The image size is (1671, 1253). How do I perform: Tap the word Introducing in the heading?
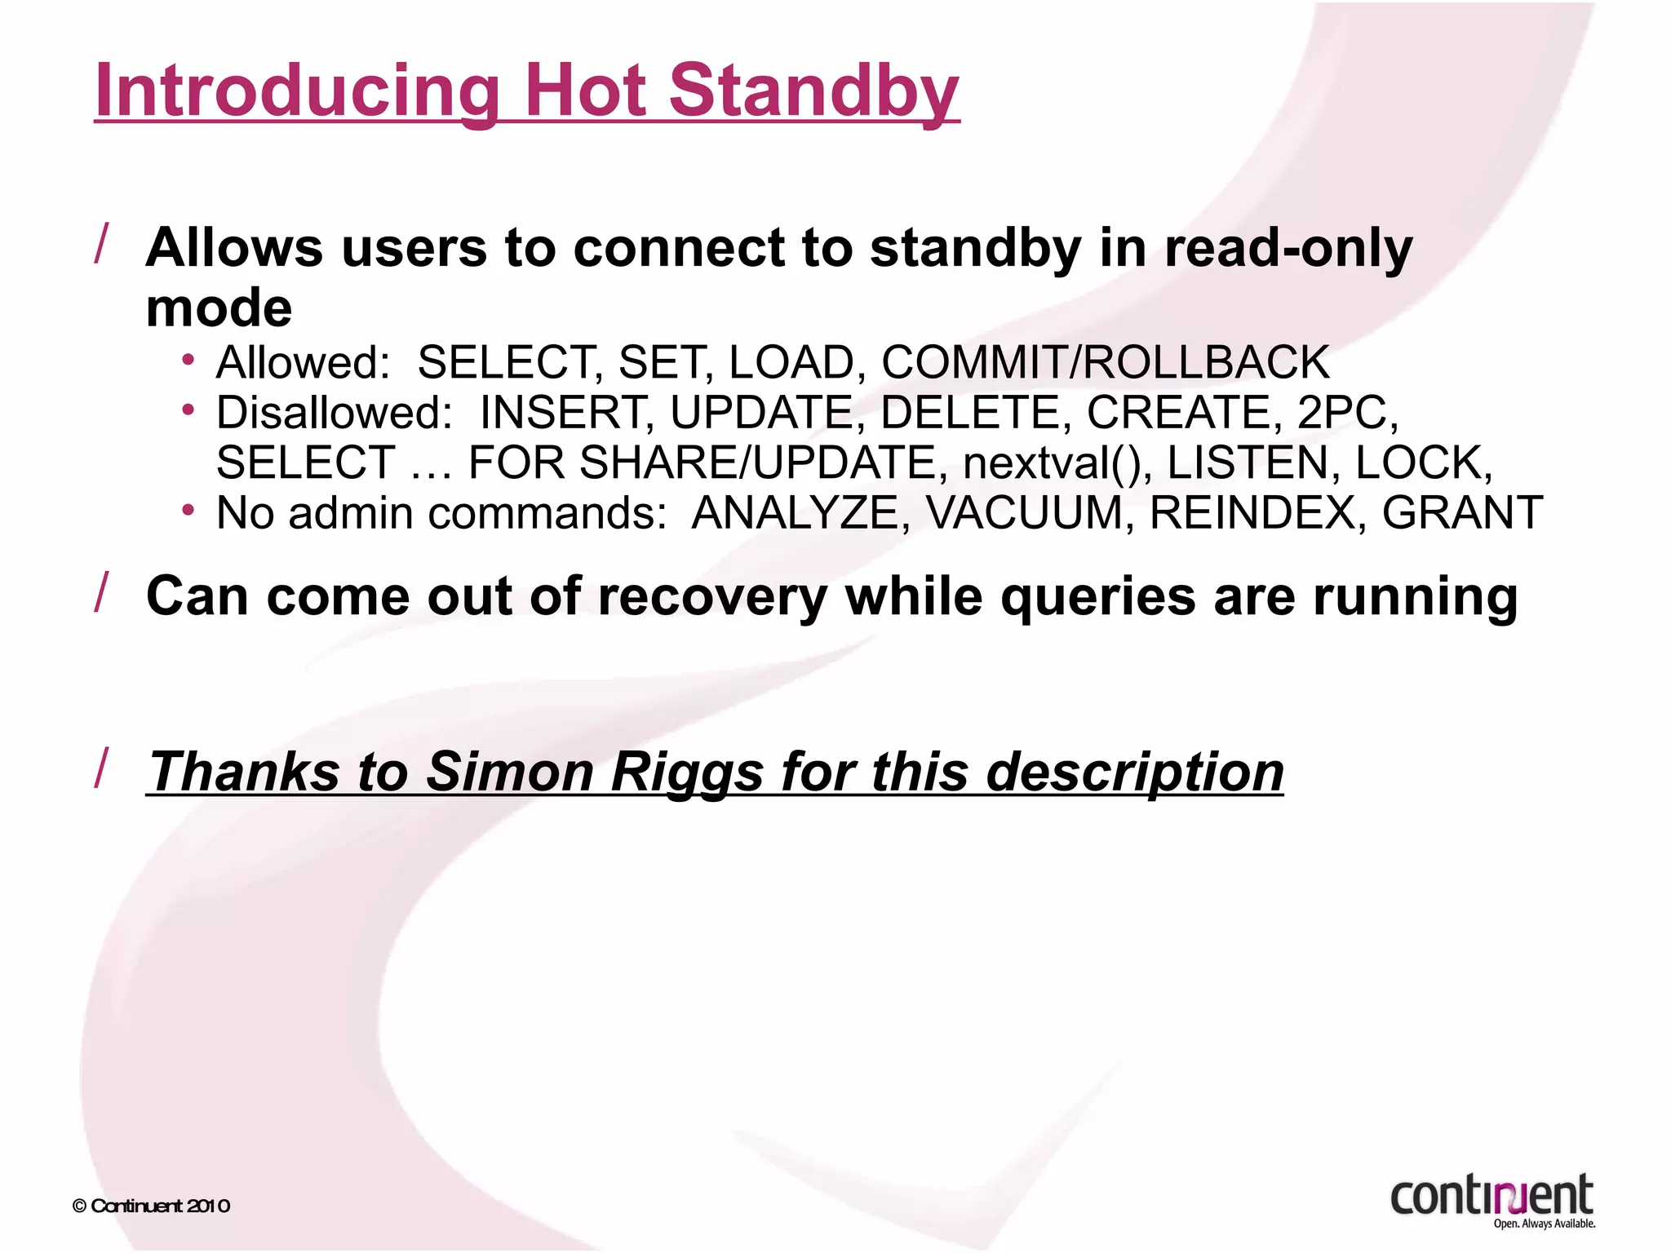297,91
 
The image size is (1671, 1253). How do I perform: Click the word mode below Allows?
219,308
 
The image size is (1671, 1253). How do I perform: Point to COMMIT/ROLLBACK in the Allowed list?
1106,362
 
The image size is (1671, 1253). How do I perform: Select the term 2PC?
1346,413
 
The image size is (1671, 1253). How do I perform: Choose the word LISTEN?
1249,463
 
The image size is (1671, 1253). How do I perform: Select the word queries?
1098,597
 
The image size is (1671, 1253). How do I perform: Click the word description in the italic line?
1135,772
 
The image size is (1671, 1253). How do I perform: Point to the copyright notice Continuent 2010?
152,1206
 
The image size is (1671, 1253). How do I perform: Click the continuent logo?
1492,1198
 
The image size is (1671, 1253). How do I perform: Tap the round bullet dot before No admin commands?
188,511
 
